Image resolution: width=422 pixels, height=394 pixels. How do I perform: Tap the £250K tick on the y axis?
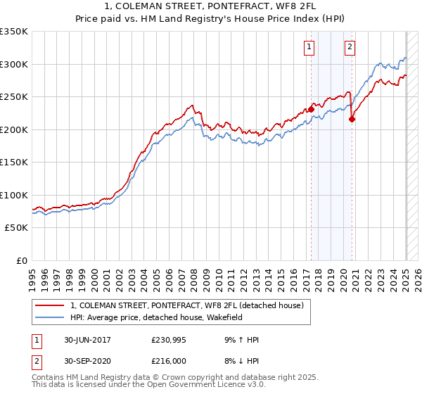14,96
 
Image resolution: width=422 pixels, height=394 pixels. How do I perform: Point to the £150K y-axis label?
14,162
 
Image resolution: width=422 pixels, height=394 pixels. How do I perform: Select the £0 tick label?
21,260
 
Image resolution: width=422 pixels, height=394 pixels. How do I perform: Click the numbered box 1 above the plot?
309,48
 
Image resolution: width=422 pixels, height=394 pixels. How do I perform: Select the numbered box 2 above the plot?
350,48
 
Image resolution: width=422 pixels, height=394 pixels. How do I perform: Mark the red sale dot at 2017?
312,109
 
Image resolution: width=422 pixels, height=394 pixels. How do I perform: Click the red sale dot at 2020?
352,119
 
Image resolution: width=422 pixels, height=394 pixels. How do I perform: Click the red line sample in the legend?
50,305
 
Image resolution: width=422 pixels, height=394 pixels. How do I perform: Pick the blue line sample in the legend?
50,318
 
